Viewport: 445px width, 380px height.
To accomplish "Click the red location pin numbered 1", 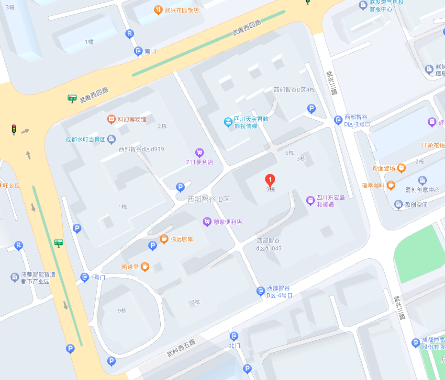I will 270,181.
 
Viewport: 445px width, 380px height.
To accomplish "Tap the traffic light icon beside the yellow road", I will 14,129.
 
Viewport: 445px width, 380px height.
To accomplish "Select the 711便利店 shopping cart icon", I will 200,153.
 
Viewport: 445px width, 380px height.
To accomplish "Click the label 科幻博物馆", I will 132,119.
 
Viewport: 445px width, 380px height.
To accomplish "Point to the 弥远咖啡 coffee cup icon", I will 164,239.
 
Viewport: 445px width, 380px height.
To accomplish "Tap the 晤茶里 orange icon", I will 145,267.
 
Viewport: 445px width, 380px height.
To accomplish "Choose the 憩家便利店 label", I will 227,222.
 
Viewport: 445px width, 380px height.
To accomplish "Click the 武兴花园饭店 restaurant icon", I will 158,10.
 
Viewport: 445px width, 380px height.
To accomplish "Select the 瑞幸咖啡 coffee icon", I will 391,185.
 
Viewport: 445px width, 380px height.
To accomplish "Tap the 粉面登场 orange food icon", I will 401,168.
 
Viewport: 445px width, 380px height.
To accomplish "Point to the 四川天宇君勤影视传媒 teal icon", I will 228,122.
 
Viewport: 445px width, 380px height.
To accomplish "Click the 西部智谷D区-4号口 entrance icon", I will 261,291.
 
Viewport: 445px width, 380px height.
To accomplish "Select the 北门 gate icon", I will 234,336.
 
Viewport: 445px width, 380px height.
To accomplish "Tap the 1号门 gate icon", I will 85,277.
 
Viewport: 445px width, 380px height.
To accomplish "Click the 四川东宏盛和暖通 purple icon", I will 311,200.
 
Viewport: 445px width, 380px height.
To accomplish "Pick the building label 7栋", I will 196,302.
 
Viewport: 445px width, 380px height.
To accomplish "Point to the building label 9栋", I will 122,311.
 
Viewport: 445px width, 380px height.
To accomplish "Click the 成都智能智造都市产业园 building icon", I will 15,277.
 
